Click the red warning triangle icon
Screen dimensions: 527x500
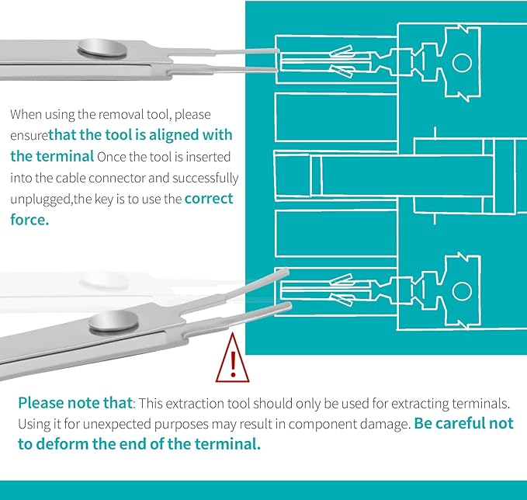[x=232, y=359]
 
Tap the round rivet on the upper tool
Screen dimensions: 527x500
[x=102, y=47]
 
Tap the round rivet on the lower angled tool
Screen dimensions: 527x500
[x=113, y=321]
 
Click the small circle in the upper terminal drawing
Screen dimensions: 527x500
[x=462, y=63]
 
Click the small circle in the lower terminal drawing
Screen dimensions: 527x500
[x=462, y=291]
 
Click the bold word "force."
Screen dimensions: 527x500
[x=29, y=220]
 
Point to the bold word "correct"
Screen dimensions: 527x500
[x=209, y=199]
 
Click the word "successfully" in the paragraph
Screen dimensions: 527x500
[x=206, y=179]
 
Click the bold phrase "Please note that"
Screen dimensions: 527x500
[x=75, y=403]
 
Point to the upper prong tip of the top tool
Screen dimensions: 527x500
[x=278, y=50]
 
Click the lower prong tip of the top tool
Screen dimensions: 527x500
[x=276, y=70]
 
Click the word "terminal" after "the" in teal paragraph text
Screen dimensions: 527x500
[x=65, y=156]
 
